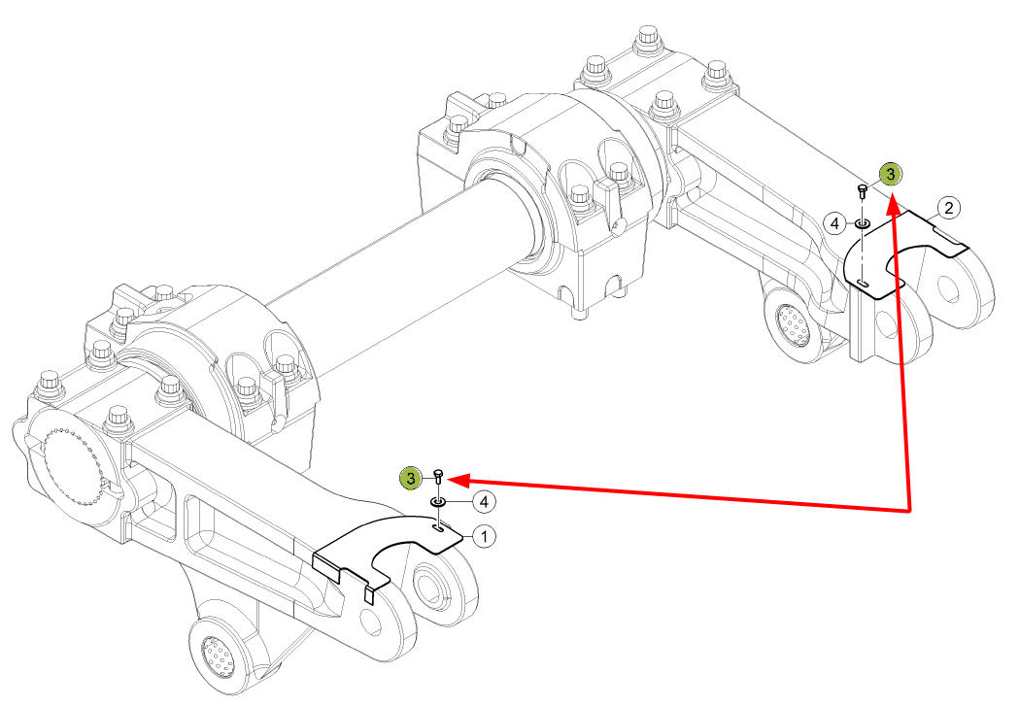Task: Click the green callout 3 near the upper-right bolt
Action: [891, 174]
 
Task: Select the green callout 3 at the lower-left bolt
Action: [410, 479]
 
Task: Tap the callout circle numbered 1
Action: [484, 537]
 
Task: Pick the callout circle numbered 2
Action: [949, 209]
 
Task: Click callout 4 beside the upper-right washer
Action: [835, 224]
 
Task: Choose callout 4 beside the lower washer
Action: [484, 502]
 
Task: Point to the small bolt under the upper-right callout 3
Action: [863, 190]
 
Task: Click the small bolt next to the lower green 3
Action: [438, 476]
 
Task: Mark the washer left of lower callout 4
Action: [438, 502]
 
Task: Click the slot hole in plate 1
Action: [440, 530]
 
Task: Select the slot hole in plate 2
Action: [863, 283]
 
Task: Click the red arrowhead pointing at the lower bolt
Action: [458, 480]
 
